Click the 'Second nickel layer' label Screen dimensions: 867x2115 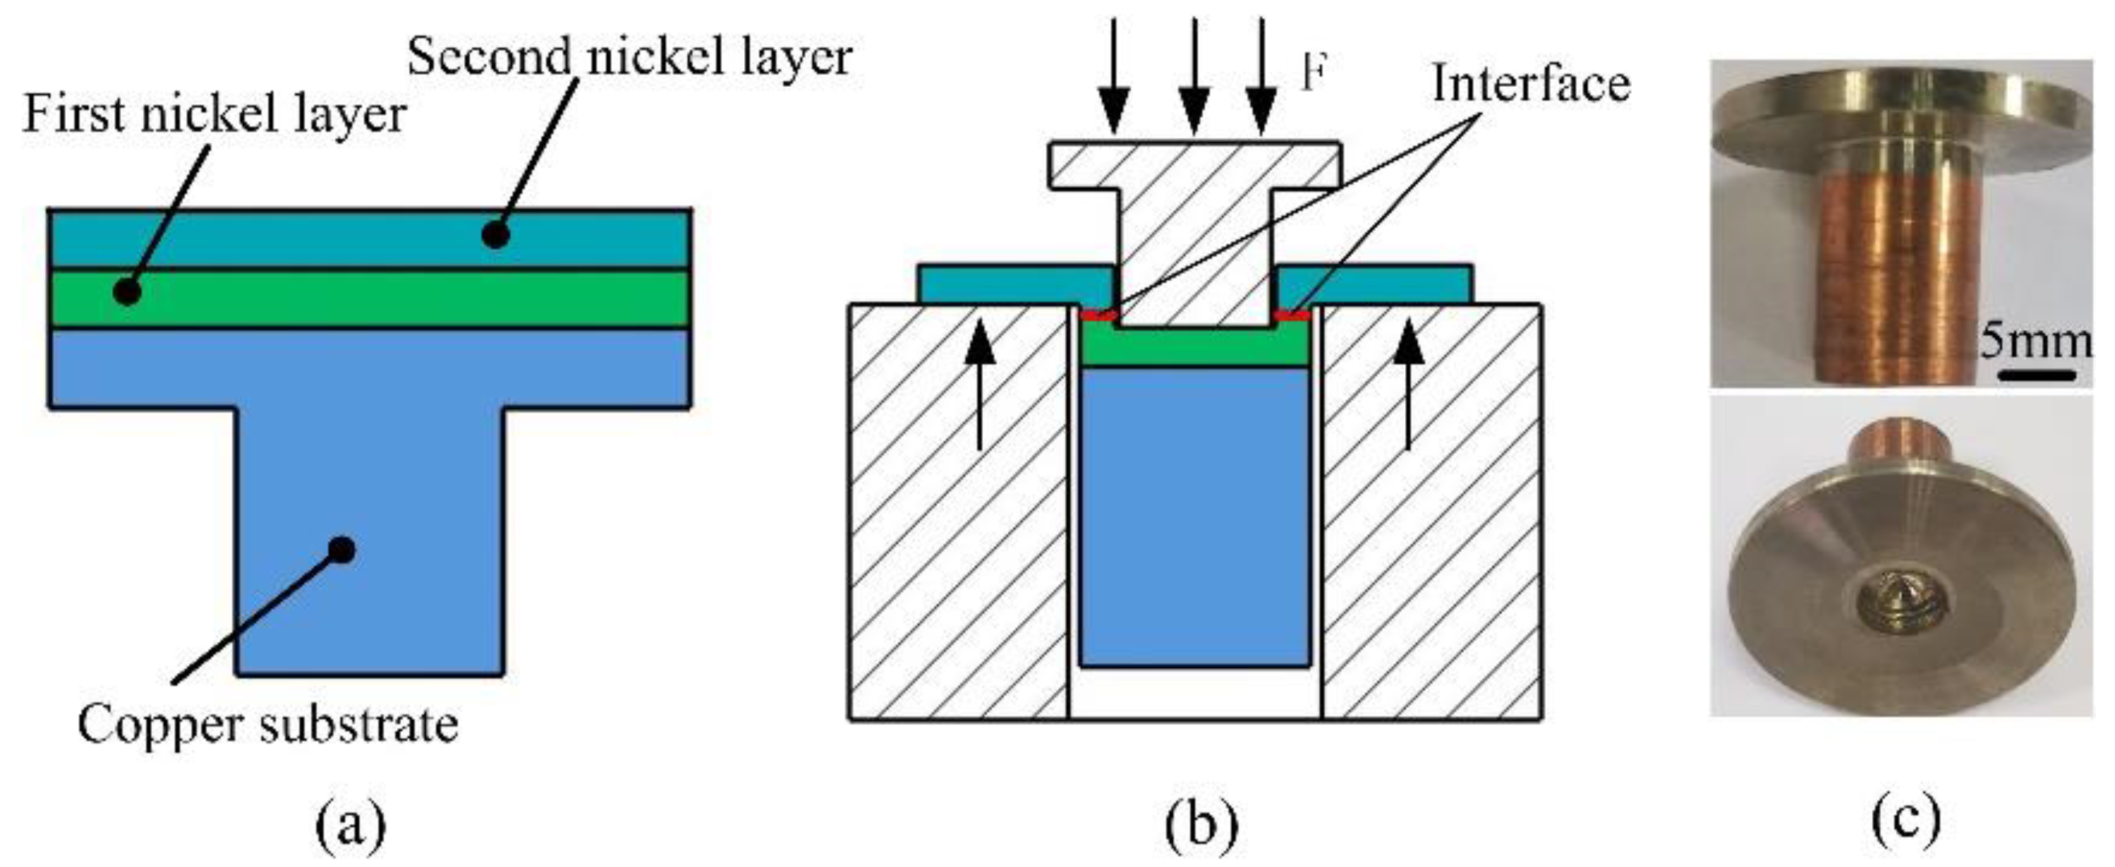(x=629, y=57)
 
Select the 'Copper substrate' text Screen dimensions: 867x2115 (x=267, y=726)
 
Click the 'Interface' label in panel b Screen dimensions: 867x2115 (x=1530, y=84)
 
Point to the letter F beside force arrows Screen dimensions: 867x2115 (x=1315, y=74)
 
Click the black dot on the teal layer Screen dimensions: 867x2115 (x=495, y=235)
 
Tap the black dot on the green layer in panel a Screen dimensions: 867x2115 (x=127, y=291)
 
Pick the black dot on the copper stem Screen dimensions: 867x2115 (x=342, y=549)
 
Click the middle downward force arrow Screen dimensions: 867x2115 (x=1194, y=78)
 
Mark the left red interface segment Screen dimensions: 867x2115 (x=1098, y=315)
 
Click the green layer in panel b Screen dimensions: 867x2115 (x=1194, y=349)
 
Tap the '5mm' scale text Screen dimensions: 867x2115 (x=2034, y=341)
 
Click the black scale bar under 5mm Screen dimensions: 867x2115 (x=2035, y=375)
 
